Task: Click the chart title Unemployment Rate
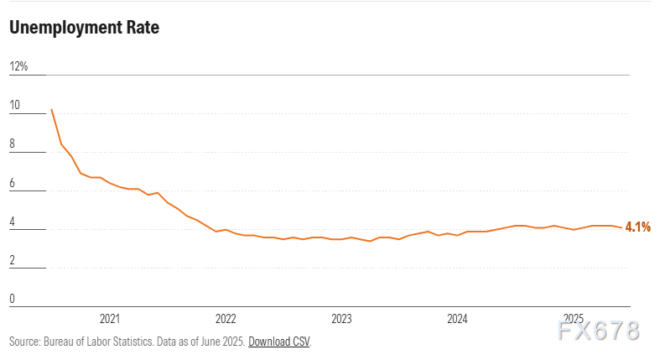coord(84,28)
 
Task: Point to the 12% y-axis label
coord(18,66)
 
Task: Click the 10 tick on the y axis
coord(14,106)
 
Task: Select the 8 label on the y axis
coord(13,144)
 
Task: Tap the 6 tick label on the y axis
coord(13,183)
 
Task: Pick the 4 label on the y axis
coord(13,222)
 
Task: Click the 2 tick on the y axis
coord(13,260)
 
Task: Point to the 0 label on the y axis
coord(13,299)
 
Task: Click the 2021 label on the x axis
coord(110,319)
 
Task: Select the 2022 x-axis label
coord(226,319)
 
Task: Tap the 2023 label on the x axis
coord(341,319)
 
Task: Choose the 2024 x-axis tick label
coord(457,319)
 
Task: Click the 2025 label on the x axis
coord(573,319)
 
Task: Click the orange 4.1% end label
coord(638,227)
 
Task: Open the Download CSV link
coord(278,342)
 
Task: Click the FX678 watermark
coord(597,331)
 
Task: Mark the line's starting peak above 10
coord(52,109)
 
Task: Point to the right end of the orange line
coord(621,227)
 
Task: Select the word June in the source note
coord(205,342)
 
